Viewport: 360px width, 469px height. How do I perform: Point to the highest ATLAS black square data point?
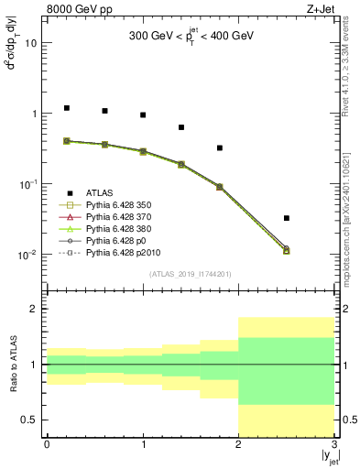[x=67, y=108]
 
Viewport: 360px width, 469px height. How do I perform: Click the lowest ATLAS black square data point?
[x=287, y=218]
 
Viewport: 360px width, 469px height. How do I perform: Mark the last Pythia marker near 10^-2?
[x=287, y=249]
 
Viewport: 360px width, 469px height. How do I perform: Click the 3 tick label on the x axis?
[x=334, y=445]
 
